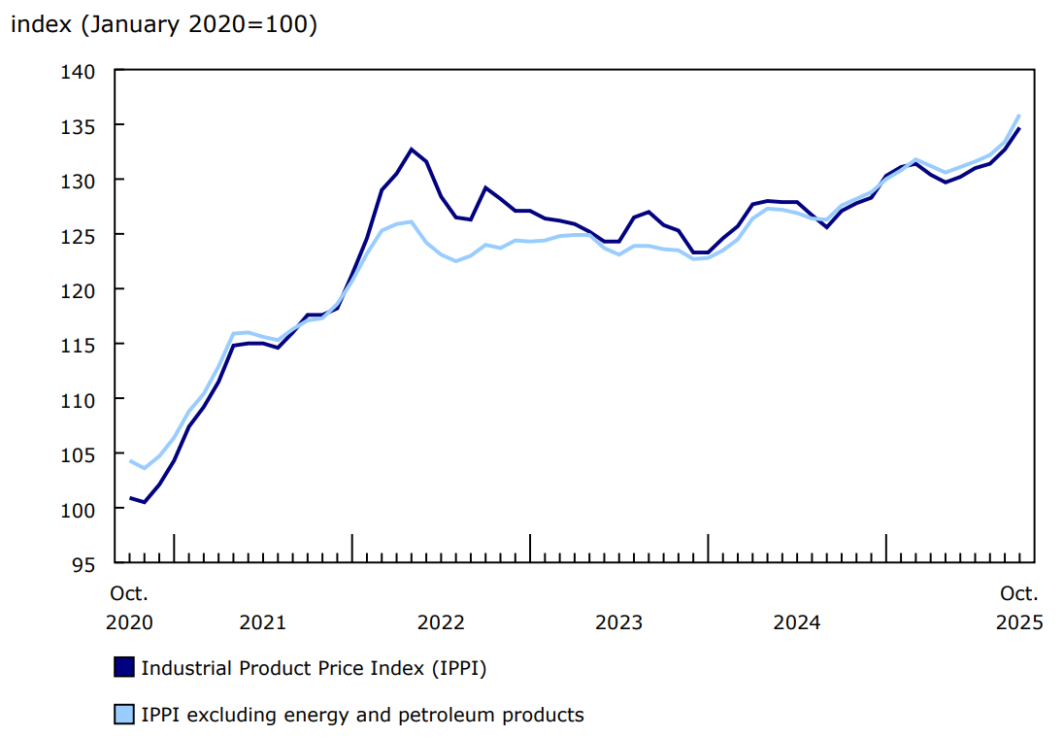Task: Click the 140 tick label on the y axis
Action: pyautogui.click(x=79, y=71)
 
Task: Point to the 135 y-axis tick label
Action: pyautogui.click(x=79, y=125)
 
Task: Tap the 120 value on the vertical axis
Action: pyautogui.click(x=79, y=289)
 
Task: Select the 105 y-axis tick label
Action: pyautogui.click(x=79, y=453)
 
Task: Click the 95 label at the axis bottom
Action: pyautogui.click(x=84, y=563)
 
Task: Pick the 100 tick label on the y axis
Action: pyautogui.click(x=79, y=509)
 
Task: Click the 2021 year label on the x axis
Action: pyautogui.click(x=262, y=621)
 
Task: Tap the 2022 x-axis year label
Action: pyautogui.click(x=441, y=621)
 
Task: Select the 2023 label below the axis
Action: pyautogui.click(x=618, y=621)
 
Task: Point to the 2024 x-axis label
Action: pyautogui.click(x=797, y=621)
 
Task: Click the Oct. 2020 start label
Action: pyautogui.click(x=129, y=607)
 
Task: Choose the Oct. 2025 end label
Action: pyautogui.click(x=1019, y=607)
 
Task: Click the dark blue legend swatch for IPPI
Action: pyautogui.click(x=124, y=668)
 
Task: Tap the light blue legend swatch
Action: pyautogui.click(x=124, y=716)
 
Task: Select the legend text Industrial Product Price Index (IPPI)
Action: pyautogui.click(x=314, y=668)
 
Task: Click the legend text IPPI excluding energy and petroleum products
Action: pyautogui.click(x=362, y=716)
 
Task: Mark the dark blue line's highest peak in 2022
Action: pyautogui.click(x=412, y=150)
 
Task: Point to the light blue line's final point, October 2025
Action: pyautogui.click(x=1019, y=116)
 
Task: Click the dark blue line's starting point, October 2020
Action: pyautogui.click(x=130, y=498)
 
